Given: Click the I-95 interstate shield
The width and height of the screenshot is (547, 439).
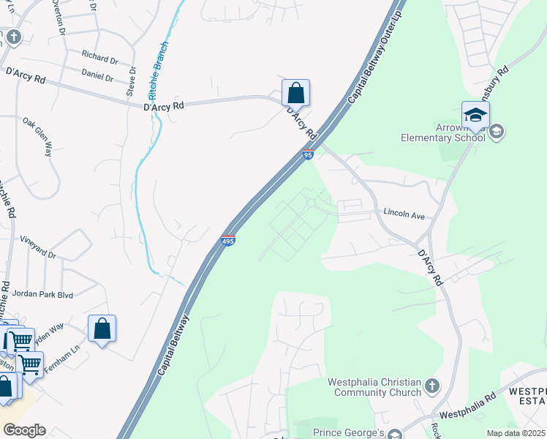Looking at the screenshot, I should tap(308, 154).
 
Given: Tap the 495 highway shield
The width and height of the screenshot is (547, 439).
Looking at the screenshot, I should tap(228, 239).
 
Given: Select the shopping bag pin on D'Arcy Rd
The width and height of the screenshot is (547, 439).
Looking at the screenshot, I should tap(295, 94).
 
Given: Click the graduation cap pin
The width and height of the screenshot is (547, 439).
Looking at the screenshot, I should tap(475, 115).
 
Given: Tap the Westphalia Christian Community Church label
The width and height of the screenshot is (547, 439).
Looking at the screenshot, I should tap(375, 387).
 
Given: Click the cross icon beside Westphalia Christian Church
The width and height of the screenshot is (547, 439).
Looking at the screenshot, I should tap(432, 385).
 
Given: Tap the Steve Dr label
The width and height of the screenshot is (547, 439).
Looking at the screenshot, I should tap(131, 81).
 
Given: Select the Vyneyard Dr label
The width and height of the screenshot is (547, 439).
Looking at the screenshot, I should tap(39, 248).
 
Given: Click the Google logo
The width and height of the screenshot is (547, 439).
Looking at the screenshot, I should tap(24, 430).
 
